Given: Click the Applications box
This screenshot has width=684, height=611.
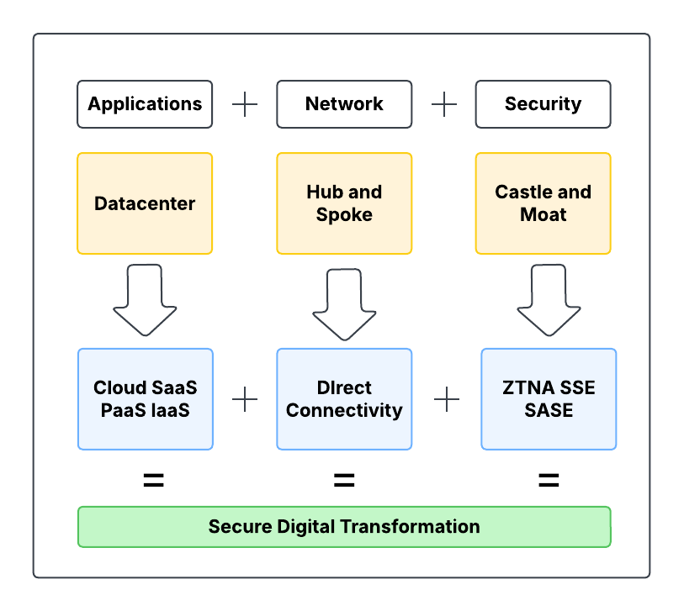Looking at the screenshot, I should point(145,104).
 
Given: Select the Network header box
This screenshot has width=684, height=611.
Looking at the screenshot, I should point(344,104).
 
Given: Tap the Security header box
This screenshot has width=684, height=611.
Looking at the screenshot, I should point(543,104).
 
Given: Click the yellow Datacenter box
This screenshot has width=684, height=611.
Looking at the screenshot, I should point(145,203).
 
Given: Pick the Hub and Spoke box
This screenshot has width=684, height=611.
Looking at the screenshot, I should point(344,203).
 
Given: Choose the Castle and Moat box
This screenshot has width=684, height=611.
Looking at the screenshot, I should point(543,203).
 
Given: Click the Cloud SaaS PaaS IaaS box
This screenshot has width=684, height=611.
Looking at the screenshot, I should point(145,399).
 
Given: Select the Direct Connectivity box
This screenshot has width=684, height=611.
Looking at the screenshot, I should point(344,399).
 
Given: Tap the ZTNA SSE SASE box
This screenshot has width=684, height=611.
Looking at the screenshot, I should point(549,399).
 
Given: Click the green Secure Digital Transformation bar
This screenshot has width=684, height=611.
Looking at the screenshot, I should point(344,527).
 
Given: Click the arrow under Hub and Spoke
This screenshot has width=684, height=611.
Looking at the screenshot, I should point(344,304).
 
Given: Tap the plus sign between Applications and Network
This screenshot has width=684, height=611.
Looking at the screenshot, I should point(245,104).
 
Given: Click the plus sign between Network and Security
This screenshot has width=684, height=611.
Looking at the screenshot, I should point(444,104).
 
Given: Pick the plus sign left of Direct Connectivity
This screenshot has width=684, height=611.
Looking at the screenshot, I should point(245,399).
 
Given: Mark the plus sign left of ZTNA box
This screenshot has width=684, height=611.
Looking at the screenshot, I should point(447,399).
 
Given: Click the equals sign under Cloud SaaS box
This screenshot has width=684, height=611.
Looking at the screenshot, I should point(153,481).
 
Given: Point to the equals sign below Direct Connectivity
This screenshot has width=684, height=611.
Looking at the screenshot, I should point(344,481).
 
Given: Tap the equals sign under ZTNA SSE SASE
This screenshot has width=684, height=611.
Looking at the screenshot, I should point(549,481).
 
